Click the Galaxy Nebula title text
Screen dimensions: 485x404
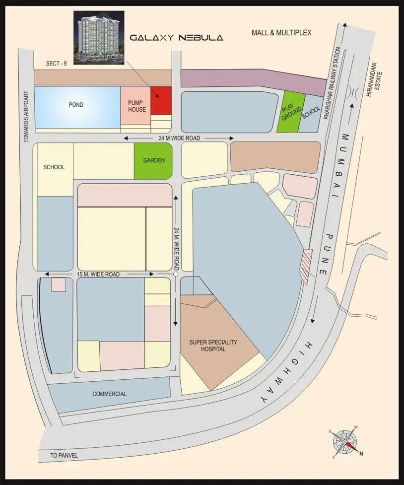[176, 37]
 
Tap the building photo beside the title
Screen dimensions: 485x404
[99, 37]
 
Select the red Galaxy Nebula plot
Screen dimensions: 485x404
[161, 100]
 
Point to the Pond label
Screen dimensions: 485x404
[76, 105]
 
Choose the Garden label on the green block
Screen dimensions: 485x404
[154, 160]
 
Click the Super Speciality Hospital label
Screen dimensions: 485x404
[213, 346]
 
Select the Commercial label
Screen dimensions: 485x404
[109, 394]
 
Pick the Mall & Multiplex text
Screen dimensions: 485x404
[281, 33]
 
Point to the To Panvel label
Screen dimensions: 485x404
[64, 455]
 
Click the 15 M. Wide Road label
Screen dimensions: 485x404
[98, 274]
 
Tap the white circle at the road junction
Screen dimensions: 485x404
[176, 274]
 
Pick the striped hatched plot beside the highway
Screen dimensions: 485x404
[306, 266]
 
